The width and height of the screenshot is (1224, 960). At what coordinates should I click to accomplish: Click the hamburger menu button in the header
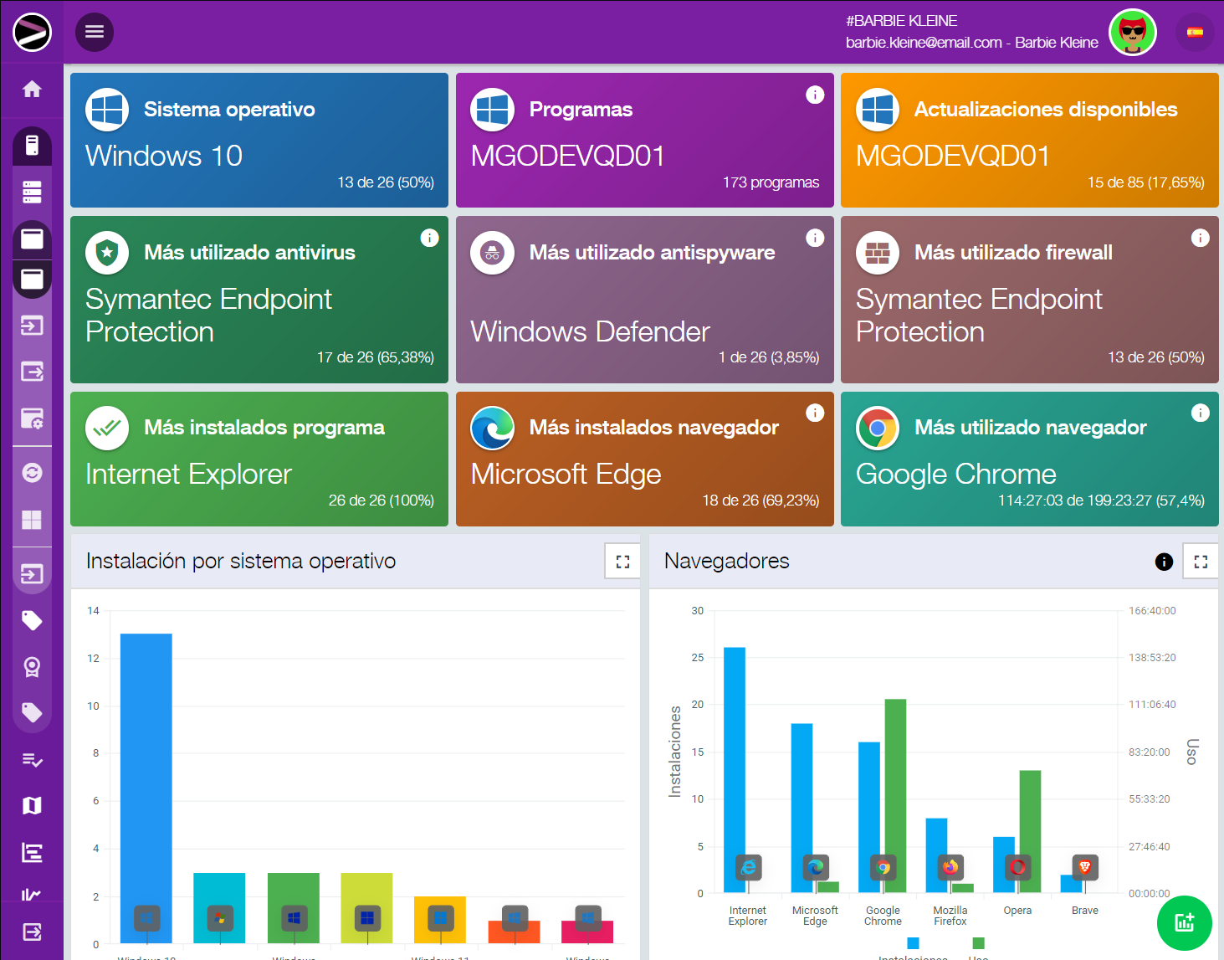95,32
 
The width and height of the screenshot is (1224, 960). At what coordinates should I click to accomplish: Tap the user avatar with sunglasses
1132,33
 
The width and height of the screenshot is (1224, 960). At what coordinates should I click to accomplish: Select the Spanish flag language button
1195,33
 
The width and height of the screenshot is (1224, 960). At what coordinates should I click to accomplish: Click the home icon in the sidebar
32,89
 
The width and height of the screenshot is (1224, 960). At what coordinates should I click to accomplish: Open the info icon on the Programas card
815,95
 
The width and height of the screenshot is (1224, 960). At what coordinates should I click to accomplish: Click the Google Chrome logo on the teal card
877,428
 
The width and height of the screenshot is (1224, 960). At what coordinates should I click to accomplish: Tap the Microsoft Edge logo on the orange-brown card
492,428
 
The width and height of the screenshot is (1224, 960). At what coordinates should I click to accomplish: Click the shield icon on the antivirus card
107,253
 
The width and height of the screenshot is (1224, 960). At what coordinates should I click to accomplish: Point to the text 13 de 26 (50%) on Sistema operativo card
385,182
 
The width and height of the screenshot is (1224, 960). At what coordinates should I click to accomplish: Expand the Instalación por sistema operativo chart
622,562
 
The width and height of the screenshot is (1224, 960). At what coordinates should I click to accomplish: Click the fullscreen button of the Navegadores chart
1201,562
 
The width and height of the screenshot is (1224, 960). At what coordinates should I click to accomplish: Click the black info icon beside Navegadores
1164,562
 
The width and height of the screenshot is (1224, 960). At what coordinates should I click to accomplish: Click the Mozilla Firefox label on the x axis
950,916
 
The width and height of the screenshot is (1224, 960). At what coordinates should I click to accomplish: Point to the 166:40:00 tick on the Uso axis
1152,611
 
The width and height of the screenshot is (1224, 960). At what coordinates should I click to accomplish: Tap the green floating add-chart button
1184,923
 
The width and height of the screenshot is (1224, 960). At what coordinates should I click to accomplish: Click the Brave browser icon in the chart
1085,867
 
